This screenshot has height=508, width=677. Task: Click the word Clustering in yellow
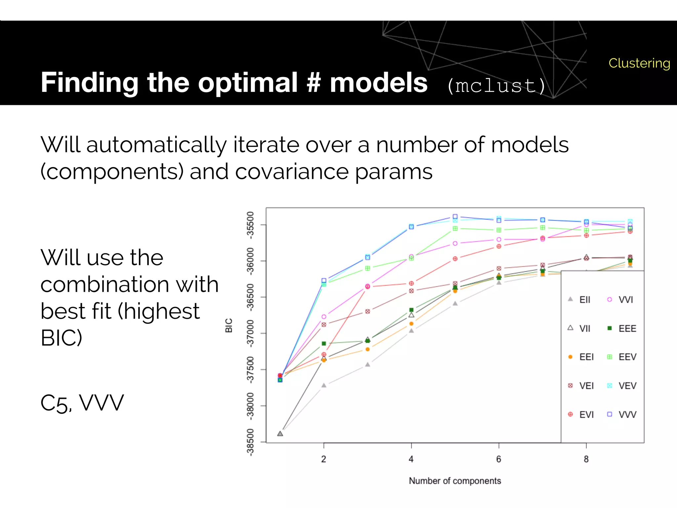[x=639, y=63]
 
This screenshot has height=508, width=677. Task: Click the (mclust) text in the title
[x=496, y=86]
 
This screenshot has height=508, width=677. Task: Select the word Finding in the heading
[x=89, y=83]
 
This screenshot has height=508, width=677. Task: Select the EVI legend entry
[x=582, y=414]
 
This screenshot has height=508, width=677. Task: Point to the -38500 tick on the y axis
[x=250, y=442]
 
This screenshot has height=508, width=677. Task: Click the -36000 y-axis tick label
[x=250, y=261]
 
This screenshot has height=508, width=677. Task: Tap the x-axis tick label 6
[x=498, y=459]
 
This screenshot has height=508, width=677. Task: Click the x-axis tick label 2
[x=324, y=459]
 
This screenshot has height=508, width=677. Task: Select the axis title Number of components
[x=455, y=481]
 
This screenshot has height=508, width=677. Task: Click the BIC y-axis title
[x=229, y=325]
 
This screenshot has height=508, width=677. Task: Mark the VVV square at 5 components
[x=455, y=217]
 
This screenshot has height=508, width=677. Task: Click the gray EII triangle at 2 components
[x=324, y=385]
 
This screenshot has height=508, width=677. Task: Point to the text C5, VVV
[x=82, y=403]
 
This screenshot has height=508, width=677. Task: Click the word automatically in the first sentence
[x=156, y=146]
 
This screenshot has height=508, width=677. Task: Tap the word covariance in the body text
[x=292, y=172]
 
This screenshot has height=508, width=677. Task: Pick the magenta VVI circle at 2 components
[x=324, y=317]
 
